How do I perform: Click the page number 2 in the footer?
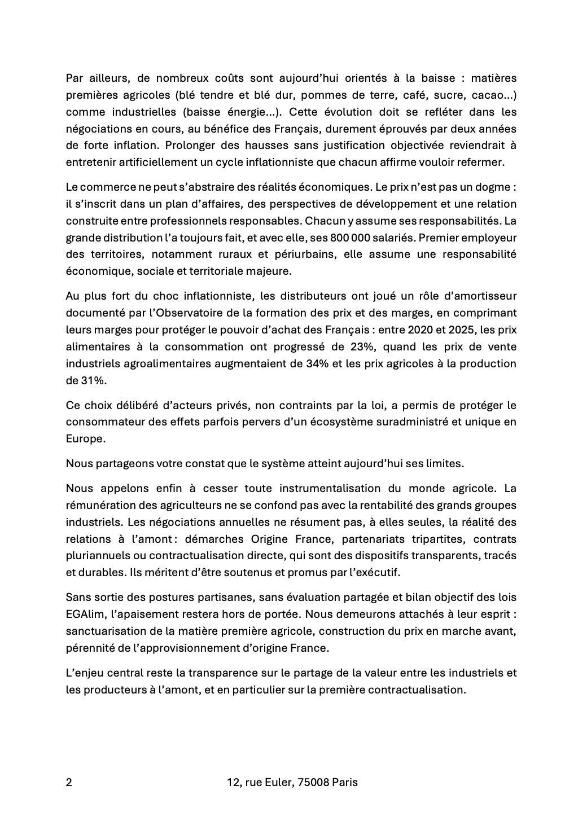coord(69,782)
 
